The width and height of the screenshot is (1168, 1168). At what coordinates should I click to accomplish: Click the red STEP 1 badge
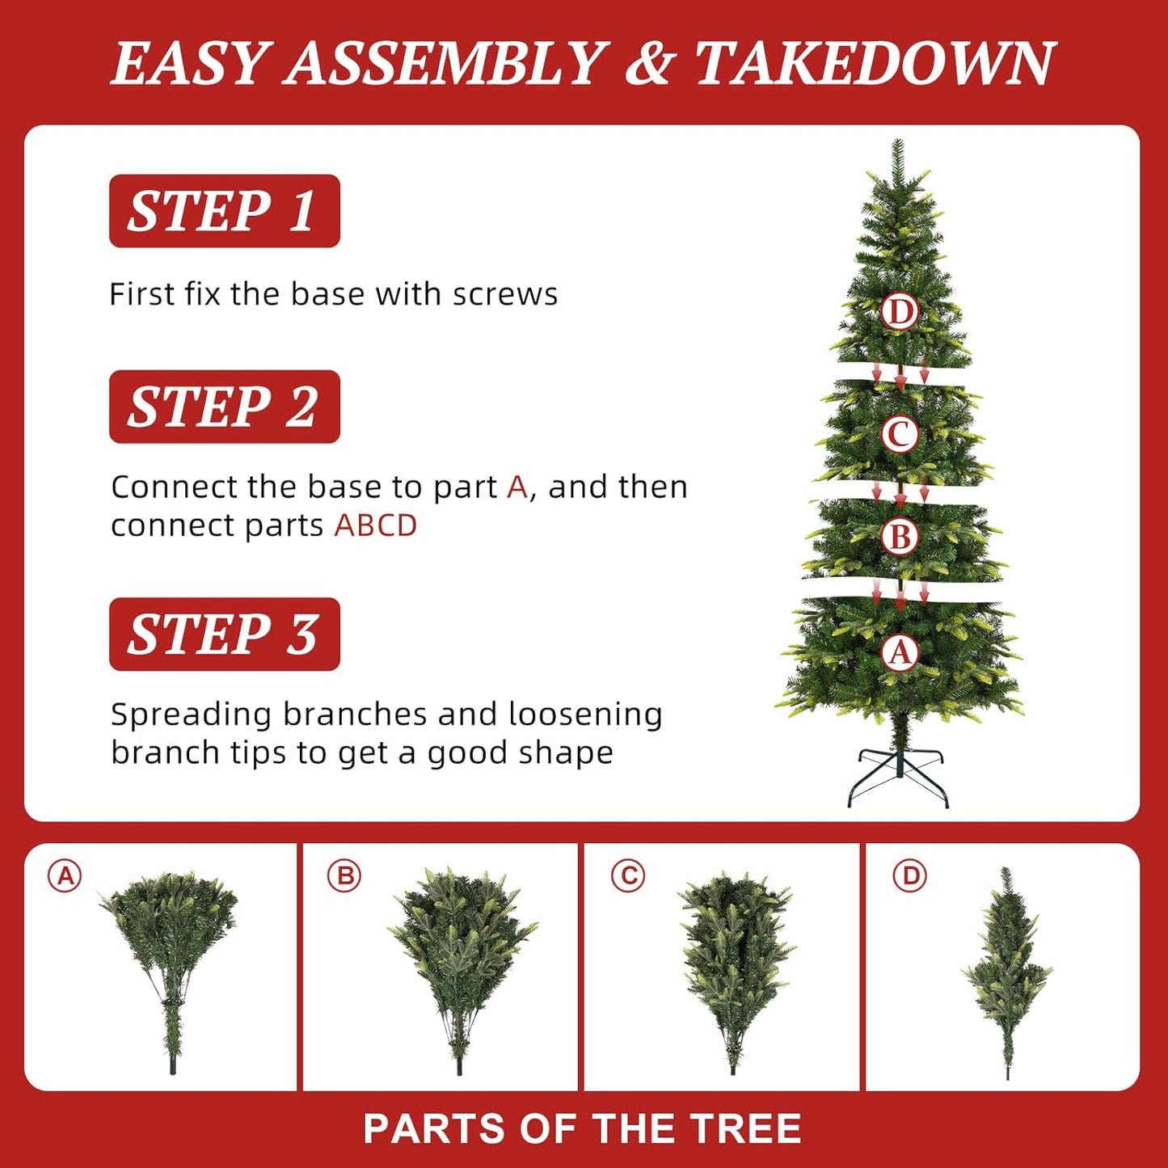224,211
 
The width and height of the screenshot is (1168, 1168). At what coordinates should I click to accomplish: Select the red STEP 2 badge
224,407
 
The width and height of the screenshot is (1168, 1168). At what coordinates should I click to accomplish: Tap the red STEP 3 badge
224,634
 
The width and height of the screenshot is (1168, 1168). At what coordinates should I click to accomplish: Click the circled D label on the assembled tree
899,312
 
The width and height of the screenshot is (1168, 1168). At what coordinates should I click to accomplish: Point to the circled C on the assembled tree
899,434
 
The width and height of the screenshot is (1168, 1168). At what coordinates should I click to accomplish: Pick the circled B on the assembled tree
900,537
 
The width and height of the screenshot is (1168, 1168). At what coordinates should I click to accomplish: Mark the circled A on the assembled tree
900,653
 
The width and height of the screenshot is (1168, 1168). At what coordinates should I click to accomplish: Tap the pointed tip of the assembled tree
898,141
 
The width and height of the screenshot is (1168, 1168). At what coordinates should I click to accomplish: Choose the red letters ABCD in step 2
375,525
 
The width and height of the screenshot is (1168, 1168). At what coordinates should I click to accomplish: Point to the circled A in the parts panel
65,876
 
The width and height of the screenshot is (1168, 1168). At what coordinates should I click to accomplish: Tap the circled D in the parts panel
910,876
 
